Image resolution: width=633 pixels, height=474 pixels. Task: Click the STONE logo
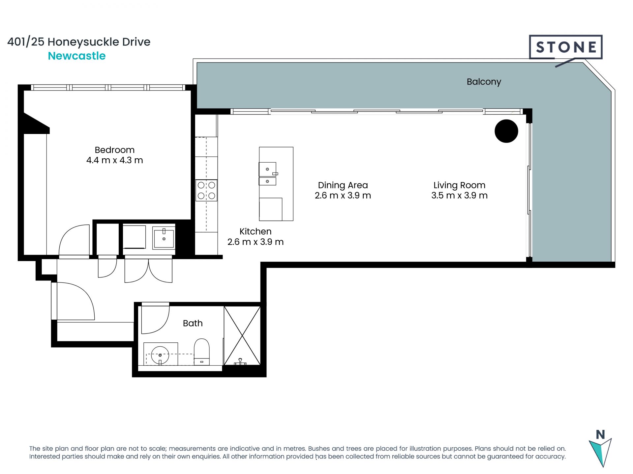[x=566, y=47]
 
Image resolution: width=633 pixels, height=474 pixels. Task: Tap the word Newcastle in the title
[x=77, y=56]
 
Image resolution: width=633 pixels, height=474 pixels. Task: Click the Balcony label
[x=484, y=82]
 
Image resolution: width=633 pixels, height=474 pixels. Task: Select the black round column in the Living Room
[x=506, y=131]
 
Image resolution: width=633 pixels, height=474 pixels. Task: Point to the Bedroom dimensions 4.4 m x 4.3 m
[x=115, y=160]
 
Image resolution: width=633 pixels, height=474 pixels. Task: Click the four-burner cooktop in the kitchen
[x=206, y=190]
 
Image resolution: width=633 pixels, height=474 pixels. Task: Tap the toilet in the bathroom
[x=201, y=352]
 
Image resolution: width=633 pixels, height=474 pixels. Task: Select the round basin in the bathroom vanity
[x=160, y=355]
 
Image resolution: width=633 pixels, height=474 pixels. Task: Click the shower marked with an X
[x=242, y=335]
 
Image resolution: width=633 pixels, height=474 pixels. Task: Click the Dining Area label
[x=343, y=185]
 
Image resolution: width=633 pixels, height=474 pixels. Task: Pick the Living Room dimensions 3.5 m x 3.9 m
[x=460, y=196]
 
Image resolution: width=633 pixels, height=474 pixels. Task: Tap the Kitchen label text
[x=256, y=231]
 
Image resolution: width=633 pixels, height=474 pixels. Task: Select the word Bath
[x=193, y=323]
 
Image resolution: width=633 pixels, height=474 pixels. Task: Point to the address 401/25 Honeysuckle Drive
[x=79, y=42]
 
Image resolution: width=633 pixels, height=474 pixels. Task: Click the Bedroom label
[x=115, y=150]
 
